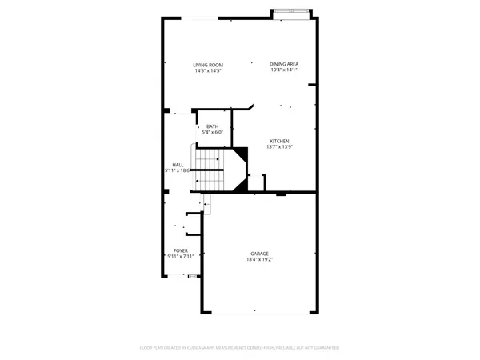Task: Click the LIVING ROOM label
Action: click(207, 65)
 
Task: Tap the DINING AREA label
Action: click(284, 65)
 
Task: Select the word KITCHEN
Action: click(278, 141)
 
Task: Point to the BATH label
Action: click(212, 126)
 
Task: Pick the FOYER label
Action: click(181, 250)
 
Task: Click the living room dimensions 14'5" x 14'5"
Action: click(207, 71)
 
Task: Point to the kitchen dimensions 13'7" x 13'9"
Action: click(278, 147)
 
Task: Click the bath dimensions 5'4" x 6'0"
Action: click(212, 133)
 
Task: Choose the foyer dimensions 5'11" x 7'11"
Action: click(181, 257)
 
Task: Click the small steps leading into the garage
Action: click(206, 206)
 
